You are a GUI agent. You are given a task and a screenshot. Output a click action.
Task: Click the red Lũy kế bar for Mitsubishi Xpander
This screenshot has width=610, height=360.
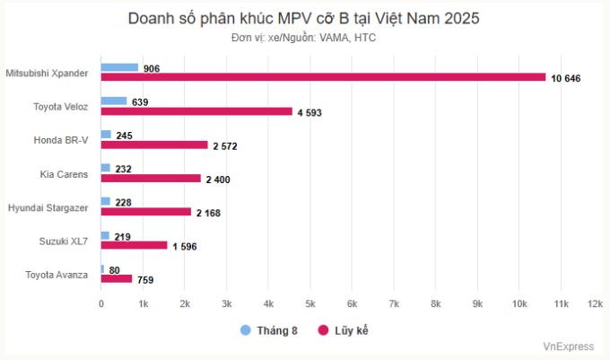click(x=323, y=77)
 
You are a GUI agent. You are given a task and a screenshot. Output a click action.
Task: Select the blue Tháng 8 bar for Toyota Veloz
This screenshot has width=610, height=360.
click(x=114, y=101)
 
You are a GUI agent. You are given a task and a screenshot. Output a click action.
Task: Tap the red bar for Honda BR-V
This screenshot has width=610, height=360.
click(x=154, y=145)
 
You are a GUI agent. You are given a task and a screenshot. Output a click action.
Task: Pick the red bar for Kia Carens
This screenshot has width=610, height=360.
click(x=151, y=178)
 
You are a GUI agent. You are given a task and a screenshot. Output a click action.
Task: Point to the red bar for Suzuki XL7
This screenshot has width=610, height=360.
click(x=134, y=245)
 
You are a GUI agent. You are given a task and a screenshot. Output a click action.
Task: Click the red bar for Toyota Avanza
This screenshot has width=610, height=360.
click(x=117, y=278)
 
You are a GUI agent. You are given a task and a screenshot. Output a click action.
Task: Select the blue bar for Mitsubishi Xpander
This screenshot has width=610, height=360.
click(x=119, y=67)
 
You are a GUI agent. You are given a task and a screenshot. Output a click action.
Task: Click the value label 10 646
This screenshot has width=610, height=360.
click(x=566, y=79)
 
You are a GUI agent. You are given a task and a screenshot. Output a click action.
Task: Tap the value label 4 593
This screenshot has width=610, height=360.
click(x=307, y=112)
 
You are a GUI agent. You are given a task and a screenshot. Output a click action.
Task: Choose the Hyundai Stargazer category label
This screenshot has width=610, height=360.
click(x=48, y=207)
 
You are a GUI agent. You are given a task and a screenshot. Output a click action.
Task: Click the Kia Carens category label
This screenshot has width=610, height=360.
click(x=64, y=174)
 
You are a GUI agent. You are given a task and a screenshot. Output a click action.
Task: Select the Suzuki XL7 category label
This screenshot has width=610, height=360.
click(x=63, y=241)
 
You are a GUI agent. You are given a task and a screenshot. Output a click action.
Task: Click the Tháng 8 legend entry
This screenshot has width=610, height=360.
click(x=269, y=330)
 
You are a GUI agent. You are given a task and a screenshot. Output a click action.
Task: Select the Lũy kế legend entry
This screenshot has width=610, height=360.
click(x=344, y=330)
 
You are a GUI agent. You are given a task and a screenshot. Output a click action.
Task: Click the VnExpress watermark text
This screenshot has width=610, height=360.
click(x=568, y=346)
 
